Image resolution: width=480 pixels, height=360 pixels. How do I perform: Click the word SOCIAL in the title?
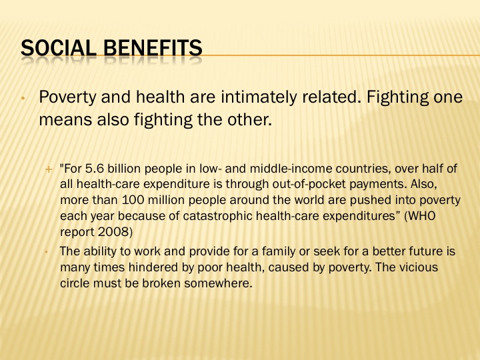click(59, 48)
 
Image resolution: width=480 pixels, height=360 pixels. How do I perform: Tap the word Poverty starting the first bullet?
click(67, 97)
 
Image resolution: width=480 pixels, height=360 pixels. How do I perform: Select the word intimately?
click(259, 97)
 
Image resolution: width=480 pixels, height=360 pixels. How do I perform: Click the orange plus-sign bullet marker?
click(49, 169)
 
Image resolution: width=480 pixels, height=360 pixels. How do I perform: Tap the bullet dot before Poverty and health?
click(23, 99)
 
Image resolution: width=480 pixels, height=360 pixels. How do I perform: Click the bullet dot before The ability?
click(46, 252)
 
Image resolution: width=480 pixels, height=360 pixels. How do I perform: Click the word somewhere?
click(218, 283)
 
